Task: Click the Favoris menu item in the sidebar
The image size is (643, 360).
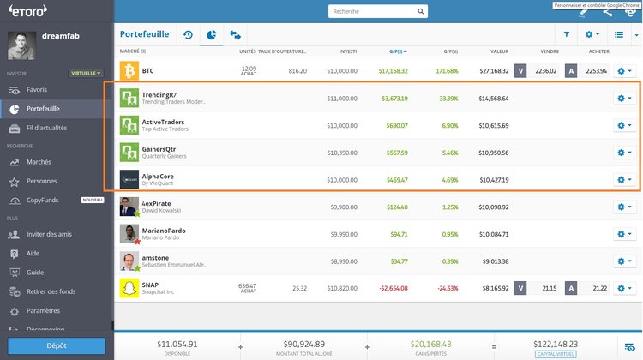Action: point(37,89)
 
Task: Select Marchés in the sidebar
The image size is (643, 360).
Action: point(39,162)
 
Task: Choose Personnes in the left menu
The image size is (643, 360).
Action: point(42,181)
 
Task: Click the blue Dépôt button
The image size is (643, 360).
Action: point(57,345)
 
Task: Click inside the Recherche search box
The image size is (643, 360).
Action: point(377,12)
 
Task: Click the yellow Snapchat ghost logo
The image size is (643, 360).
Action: point(129,287)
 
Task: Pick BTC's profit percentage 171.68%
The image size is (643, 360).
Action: point(446,71)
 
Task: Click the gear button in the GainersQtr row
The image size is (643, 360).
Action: point(624,153)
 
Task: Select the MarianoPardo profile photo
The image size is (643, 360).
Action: point(129,233)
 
